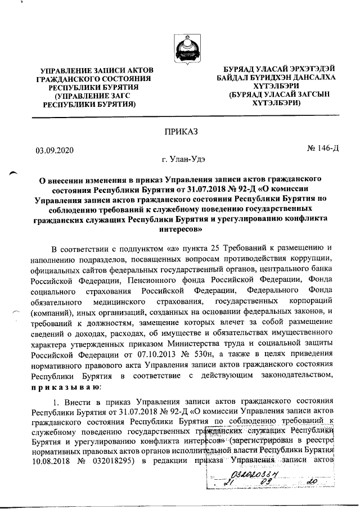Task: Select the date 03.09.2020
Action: point(55,150)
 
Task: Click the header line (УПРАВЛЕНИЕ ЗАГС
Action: point(91,96)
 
